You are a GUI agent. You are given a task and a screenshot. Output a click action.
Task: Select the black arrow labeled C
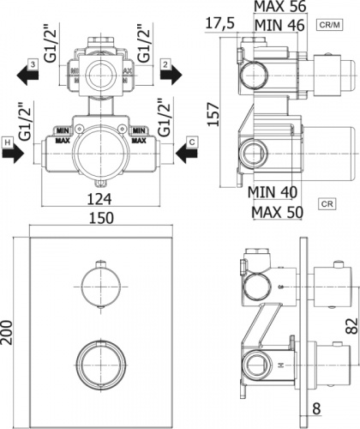pos(187,155)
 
